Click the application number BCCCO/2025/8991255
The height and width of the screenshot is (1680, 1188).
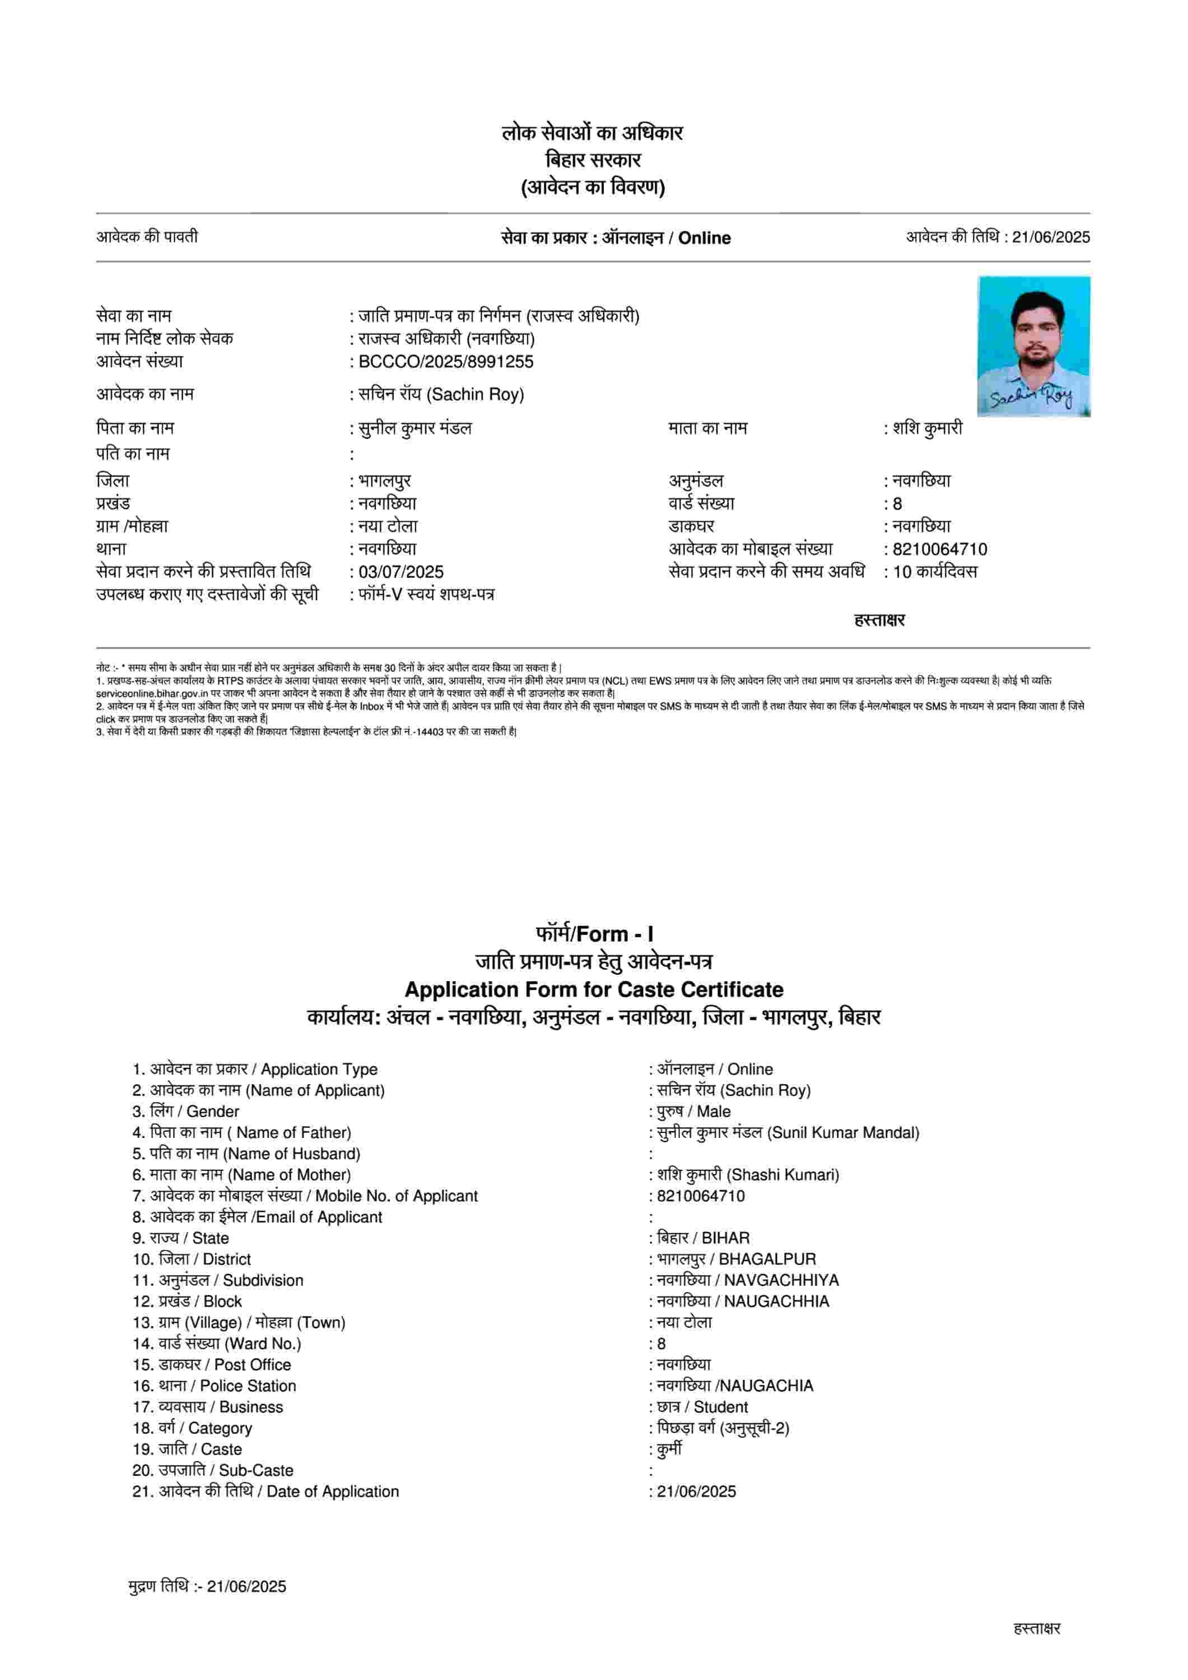[446, 361]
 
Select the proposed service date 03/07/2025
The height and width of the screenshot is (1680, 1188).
[401, 572]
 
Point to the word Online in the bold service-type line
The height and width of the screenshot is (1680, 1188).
[704, 238]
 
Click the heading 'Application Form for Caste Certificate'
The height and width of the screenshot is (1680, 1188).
[594, 990]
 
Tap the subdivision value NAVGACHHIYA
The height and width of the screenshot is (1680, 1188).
[781, 1281]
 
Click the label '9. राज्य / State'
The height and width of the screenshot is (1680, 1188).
[181, 1238]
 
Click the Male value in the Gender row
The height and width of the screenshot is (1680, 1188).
[714, 1112]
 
